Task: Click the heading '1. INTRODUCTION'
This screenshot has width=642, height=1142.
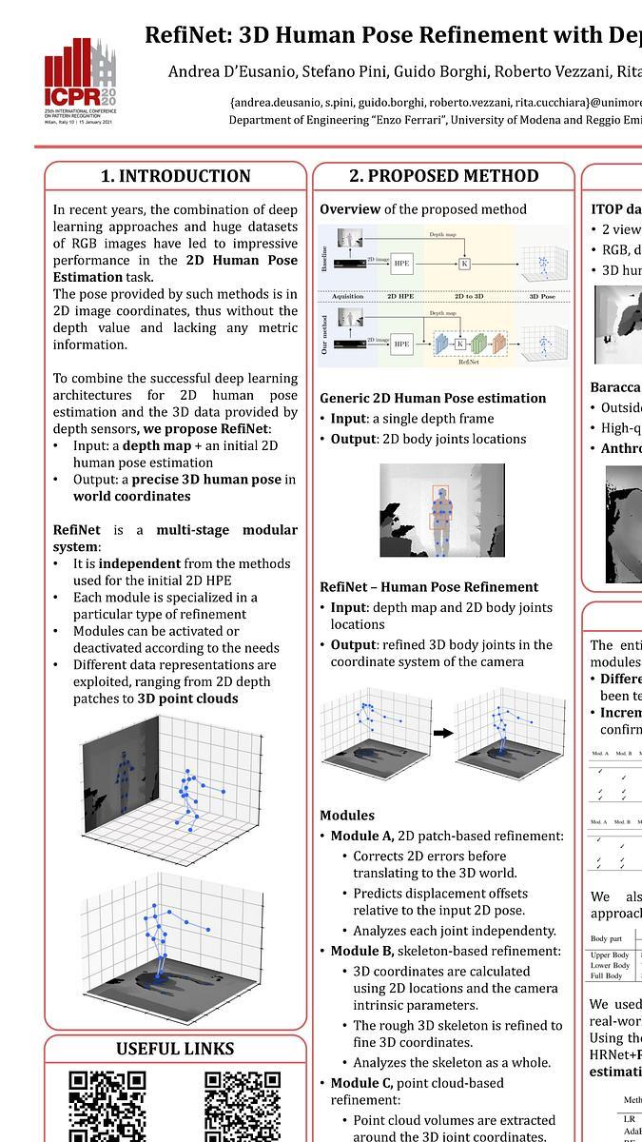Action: point(176,176)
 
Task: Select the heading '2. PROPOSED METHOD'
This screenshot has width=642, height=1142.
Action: point(443,176)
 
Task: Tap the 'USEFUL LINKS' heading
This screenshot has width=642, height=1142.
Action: point(175,1049)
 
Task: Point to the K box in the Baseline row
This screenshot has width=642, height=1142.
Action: point(464,264)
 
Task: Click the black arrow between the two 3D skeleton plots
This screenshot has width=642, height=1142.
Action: point(442,733)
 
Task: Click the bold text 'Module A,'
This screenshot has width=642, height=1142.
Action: point(362,836)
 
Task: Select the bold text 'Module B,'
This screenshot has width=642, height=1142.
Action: point(362,951)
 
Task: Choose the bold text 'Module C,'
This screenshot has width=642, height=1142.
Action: point(362,1083)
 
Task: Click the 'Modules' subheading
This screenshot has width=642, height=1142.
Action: point(347,816)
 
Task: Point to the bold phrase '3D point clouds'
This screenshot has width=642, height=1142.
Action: point(187,699)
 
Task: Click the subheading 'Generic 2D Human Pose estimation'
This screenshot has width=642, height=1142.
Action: point(433,398)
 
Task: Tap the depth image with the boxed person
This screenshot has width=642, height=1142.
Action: point(441,509)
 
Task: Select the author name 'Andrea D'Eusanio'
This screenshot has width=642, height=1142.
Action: point(224,71)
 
